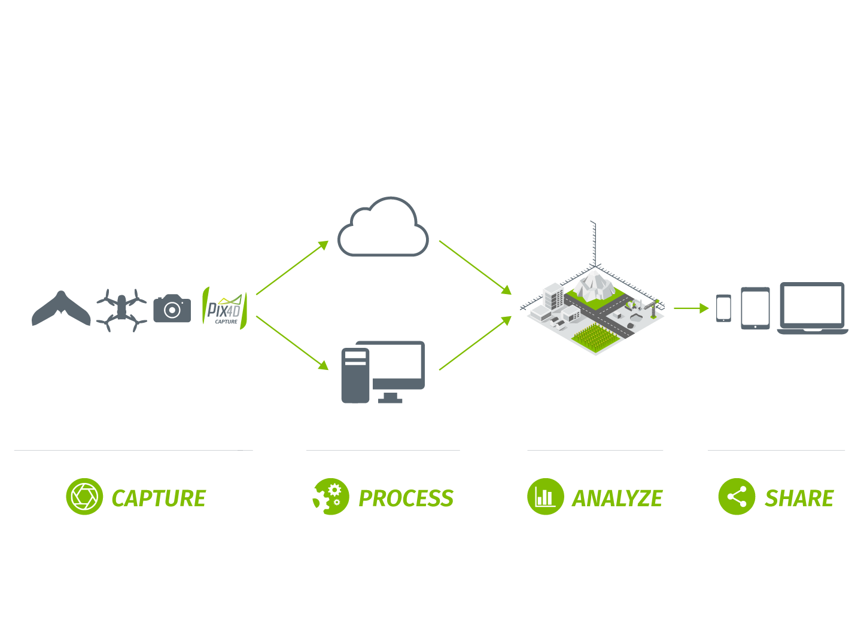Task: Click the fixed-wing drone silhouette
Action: pos(61,310)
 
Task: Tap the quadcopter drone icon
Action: pos(121,310)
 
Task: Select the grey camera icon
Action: pos(172,309)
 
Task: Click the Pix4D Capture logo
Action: pos(224,308)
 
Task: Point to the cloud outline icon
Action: pos(383,229)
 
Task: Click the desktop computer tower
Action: pos(355,375)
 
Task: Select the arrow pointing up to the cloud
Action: pos(293,267)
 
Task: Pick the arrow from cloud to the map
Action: pos(476,268)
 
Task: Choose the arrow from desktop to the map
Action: pos(476,343)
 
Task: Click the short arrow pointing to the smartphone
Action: pos(691,308)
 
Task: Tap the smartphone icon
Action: pos(723,308)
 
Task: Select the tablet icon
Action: pos(755,308)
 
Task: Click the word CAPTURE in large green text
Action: pos(159,498)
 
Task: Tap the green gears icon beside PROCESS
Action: pos(330,497)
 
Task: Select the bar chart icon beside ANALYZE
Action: pos(545,497)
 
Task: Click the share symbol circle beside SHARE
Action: pos(737,497)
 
